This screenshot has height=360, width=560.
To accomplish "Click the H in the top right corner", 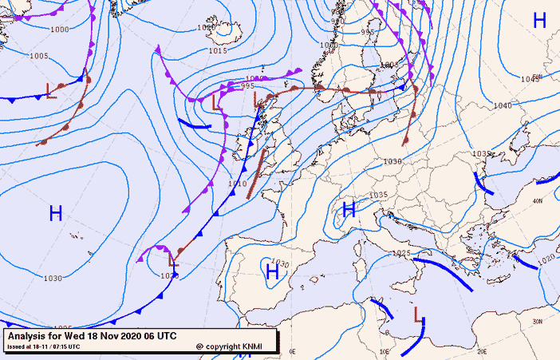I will (539, 21).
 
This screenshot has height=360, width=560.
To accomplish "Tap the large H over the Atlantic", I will (56, 213).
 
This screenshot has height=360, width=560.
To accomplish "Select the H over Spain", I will (272, 272).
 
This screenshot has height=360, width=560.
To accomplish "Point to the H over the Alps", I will (349, 210).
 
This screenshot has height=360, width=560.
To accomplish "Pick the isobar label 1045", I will (529, 78).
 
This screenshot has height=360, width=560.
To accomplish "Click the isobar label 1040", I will (502, 105).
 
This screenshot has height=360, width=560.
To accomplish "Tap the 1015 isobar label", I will (217, 50).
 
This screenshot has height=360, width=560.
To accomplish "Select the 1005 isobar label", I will (38, 56).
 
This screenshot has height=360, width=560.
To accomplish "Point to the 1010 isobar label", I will (237, 184).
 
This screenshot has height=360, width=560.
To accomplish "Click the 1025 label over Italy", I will (402, 253).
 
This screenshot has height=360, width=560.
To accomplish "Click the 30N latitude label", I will (537, 322).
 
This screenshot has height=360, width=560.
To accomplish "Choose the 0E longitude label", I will (292, 351).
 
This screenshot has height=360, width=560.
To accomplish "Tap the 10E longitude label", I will (385, 351).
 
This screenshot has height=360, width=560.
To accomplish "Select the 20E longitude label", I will (481, 351).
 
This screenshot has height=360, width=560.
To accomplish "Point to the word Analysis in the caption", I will (27, 336).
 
